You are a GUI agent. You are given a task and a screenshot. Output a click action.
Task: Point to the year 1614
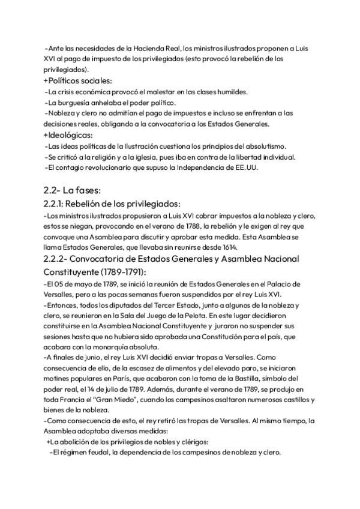pyautogui.click(x=227, y=247)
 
